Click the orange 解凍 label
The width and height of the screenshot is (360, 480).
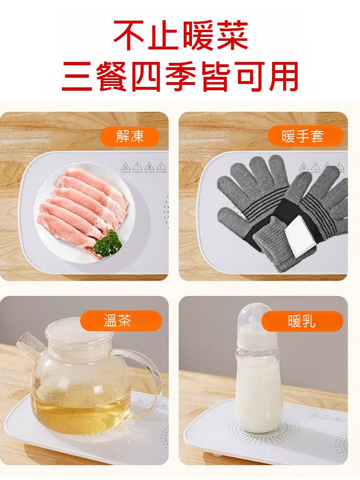coord(130,137)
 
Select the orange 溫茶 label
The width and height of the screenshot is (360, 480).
coord(121,321)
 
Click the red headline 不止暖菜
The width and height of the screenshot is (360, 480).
coord(180,36)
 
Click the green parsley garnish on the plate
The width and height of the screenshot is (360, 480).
coord(108,243)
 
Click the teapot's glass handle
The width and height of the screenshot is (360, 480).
coord(146,379)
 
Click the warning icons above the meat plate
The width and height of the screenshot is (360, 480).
coord(144,167)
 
